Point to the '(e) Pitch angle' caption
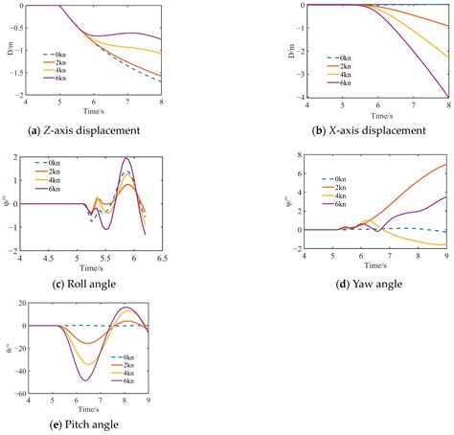pyautogui.click(x=94, y=419)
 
